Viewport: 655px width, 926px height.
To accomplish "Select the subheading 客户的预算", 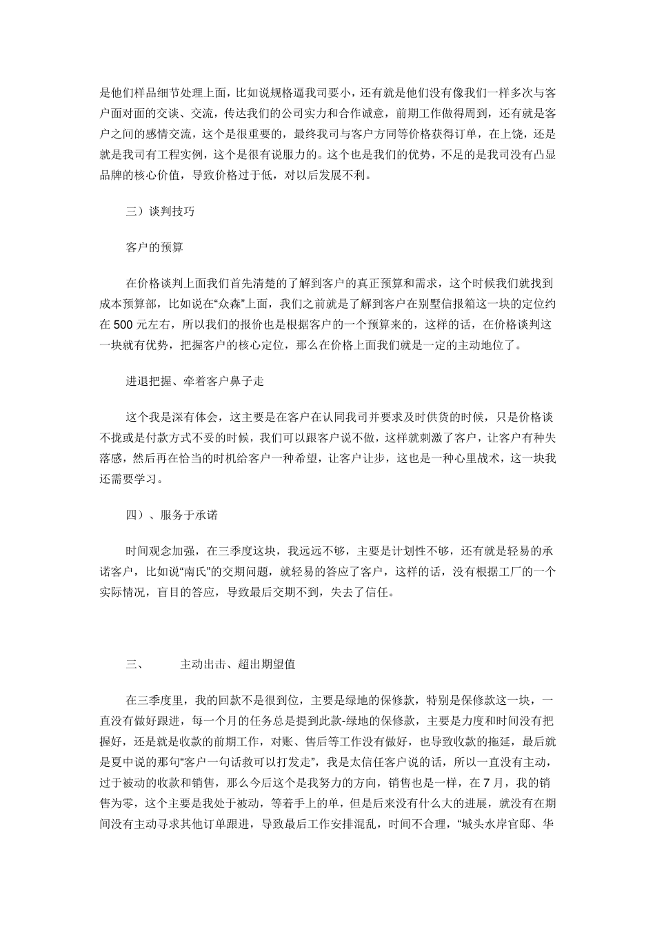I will click(x=154, y=247).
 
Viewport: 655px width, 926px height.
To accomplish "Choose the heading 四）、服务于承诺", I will click(x=172, y=515).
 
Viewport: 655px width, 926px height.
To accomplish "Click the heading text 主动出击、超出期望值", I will click(x=238, y=665).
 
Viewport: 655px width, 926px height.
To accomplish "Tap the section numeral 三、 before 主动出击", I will click(x=134, y=665).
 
